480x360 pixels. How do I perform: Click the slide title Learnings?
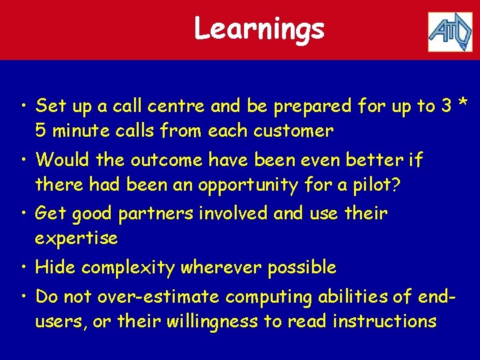tap(259, 29)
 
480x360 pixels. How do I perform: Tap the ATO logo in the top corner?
tap(449, 31)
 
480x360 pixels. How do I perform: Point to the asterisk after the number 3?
tap(463, 105)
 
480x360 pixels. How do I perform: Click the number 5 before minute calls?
tap(41, 131)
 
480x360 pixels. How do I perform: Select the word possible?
tap(301, 269)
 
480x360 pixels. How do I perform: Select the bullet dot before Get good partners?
tap(23, 215)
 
